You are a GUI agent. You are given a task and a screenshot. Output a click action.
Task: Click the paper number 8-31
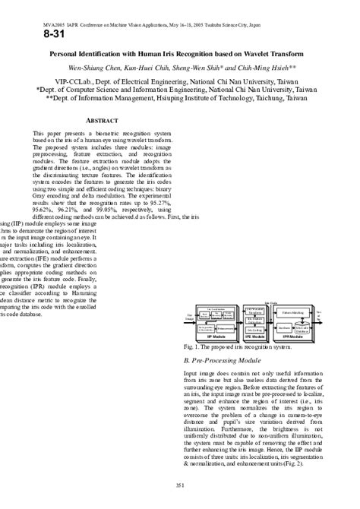click(46, 34)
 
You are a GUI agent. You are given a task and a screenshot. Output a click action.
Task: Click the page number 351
click(180, 486)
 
